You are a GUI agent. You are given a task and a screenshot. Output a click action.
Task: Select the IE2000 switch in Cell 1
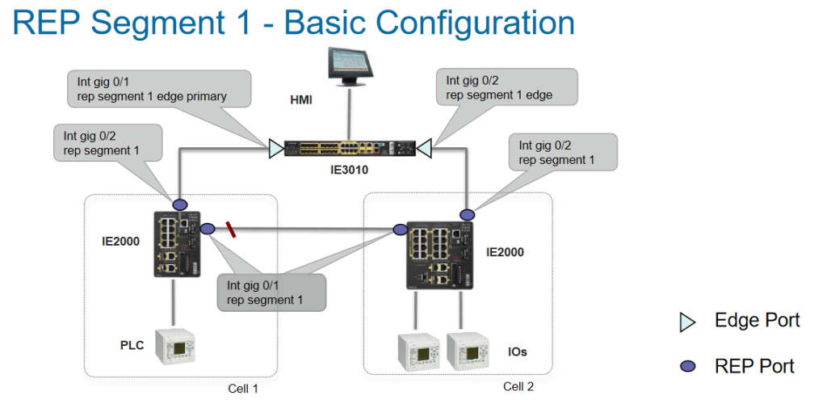[x=175, y=242]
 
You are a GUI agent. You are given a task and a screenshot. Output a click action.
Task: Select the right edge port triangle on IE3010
[x=424, y=149]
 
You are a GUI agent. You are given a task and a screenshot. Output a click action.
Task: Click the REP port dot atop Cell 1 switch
[x=179, y=205]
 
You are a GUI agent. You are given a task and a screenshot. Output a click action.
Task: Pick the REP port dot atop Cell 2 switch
[x=467, y=214]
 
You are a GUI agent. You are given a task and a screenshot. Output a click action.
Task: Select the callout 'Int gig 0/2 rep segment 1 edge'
[x=510, y=87]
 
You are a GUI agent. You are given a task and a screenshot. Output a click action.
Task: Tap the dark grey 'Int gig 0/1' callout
[x=271, y=293]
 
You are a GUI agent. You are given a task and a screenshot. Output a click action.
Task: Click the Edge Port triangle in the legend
[x=687, y=322]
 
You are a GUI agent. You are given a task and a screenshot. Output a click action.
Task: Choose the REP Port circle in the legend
[x=687, y=367]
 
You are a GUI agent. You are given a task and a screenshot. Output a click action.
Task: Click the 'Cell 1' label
[x=243, y=389]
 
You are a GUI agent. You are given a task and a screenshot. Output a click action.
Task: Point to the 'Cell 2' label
[x=518, y=386]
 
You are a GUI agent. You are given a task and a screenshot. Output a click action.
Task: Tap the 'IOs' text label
[x=518, y=352]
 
